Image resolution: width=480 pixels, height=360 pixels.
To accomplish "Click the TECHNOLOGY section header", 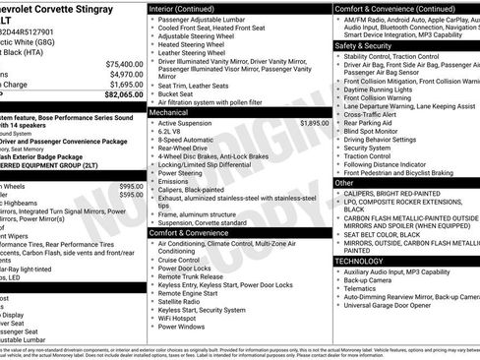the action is tap(358, 261).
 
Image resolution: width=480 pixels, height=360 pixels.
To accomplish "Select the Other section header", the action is tap(344, 183).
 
